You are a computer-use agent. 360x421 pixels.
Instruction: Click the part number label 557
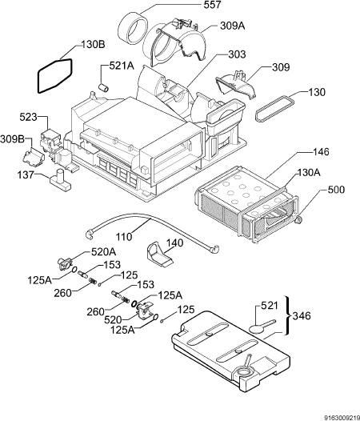click(212, 5)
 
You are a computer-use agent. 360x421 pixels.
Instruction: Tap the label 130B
click(93, 45)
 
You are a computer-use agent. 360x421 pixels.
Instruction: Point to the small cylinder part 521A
click(103, 87)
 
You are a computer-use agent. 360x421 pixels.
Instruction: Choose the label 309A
click(233, 26)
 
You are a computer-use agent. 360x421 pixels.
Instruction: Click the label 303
click(237, 54)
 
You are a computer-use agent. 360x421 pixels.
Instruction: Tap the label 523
click(28, 117)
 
